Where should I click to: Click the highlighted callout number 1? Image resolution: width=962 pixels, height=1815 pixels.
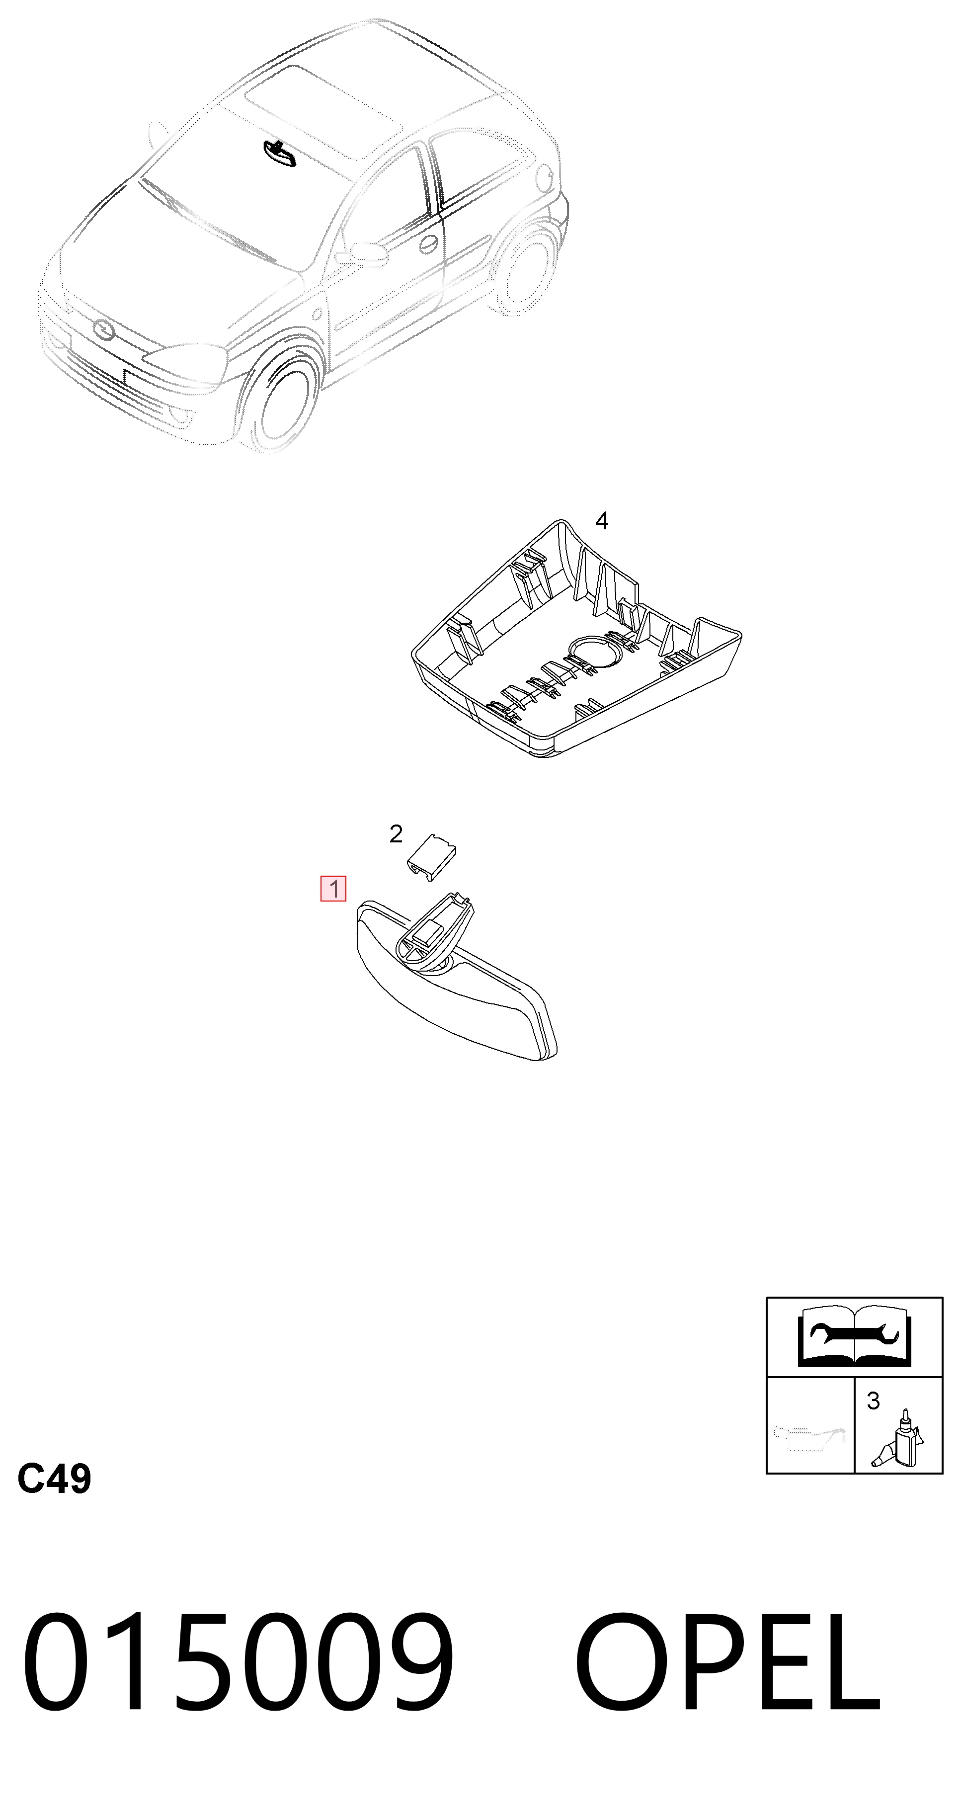(x=333, y=889)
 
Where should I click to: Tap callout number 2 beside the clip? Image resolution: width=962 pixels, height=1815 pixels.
(x=396, y=834)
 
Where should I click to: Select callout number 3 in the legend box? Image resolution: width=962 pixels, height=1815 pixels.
(x=873, y=1401)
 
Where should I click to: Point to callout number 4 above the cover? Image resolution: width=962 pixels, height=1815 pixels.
(x=601, y=521)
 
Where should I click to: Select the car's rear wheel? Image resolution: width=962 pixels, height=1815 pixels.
(x=528, y=269)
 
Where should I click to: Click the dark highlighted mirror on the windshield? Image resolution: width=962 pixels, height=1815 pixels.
(x=280, y=154)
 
